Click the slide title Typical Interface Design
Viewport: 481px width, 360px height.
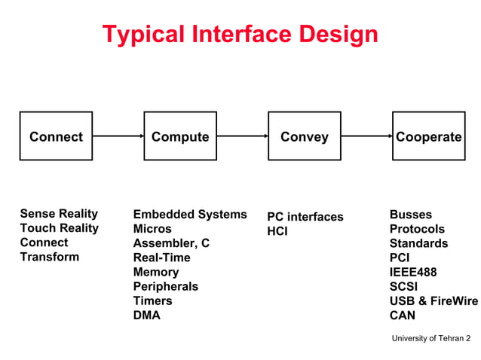click(240, 34)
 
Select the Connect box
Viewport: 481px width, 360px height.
click(56, 136)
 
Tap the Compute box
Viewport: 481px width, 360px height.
click(180, 136)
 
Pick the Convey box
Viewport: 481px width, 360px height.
click(305, 136)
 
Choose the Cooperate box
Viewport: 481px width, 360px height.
click(428, 136)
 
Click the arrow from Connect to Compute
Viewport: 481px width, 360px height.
click(118, 136)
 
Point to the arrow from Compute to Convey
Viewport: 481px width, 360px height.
click(242, 136)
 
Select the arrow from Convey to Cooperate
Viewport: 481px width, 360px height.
click(366, 136)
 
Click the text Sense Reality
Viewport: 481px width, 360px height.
click(59, 214)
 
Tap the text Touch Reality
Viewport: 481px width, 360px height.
click(59, 228)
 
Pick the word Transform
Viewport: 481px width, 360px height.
click(49, 257)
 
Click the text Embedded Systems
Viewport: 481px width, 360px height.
click(190, 215)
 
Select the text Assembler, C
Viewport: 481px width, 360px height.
click(171, 243)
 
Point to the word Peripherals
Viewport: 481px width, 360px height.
click(165, 286)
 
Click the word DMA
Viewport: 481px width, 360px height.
click(146, 315)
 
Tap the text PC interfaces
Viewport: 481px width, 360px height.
click(305, 217)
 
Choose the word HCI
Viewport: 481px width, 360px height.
click(277, 231)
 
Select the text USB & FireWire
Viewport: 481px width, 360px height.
click(434, 301)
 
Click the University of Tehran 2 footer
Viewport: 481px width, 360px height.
click(430, 338)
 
